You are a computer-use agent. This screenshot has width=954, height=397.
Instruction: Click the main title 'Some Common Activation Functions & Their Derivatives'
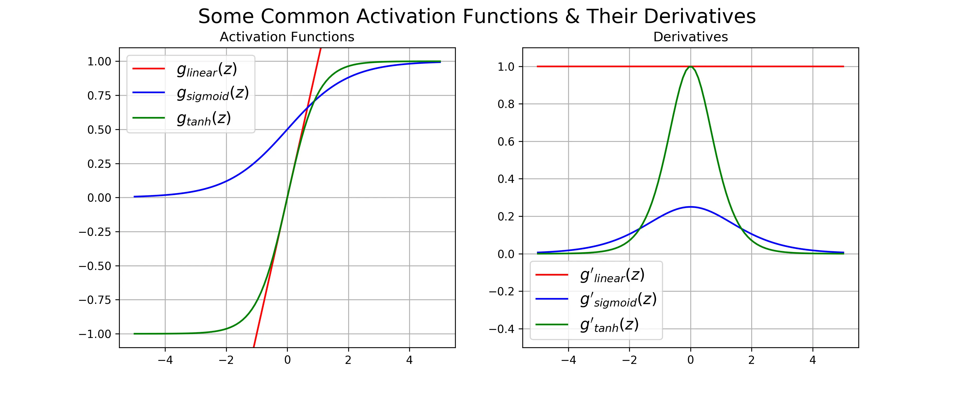coord(477,17)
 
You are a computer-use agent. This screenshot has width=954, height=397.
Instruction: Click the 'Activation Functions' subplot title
coord(287,37)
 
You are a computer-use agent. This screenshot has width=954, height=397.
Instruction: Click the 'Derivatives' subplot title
coord(690,37)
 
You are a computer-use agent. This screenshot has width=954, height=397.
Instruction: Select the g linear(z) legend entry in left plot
coord(206,69)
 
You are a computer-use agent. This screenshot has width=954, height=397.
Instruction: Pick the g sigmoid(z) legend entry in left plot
coord(212,93)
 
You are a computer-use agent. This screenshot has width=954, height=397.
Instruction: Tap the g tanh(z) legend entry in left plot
coord(204,118)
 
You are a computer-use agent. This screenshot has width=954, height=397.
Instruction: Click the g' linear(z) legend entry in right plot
coord(612,275)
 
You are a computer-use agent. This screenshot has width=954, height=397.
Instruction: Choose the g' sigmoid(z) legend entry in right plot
coord(618,300)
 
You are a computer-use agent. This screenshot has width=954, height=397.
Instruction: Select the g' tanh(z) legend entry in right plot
coord(609,325)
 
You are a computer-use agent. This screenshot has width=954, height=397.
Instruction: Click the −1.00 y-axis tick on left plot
coord(95,334)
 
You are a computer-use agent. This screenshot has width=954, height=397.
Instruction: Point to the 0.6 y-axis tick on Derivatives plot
coord(506,142)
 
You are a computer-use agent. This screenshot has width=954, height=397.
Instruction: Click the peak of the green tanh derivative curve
coord(690,67)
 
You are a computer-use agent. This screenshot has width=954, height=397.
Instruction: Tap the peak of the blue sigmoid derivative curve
coord(690,207)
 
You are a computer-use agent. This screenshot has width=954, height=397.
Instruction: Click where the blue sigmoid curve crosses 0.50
coord(287,129)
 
